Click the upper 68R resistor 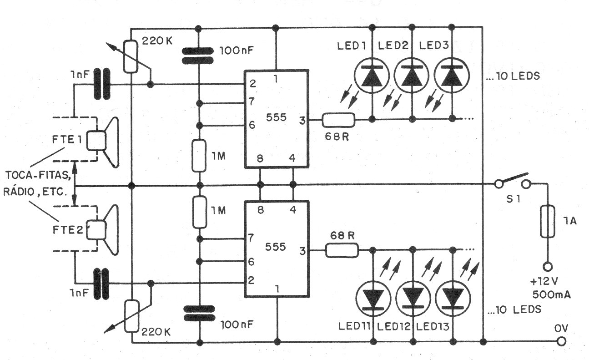(x=338, y=120)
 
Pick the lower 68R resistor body (x=342, y=250)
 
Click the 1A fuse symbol (x=546, y=221)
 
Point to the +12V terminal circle (x=546, y=266)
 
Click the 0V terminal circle (x=563, y=341)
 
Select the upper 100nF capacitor (x=199, y=56)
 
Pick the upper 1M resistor (x=199, y=156)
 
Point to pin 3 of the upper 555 (x=302, y=120)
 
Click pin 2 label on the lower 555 (x=251, y=280)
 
